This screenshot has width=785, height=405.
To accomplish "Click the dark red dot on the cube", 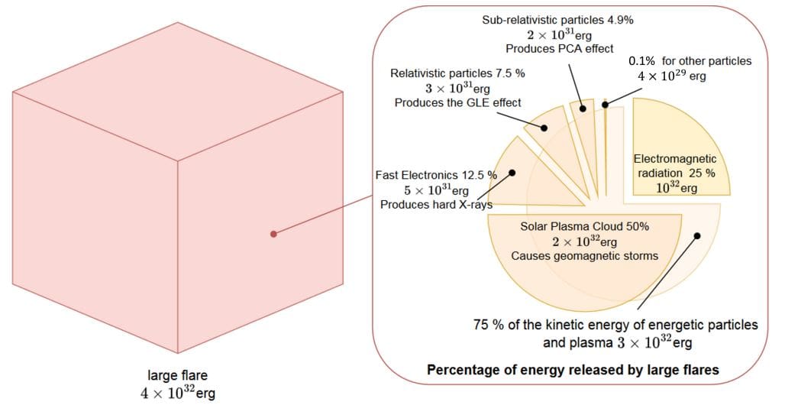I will tap(273, 233).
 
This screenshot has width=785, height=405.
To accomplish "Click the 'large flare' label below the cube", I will tap(177, 374).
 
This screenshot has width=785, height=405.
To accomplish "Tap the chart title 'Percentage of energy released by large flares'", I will tap(572, 370).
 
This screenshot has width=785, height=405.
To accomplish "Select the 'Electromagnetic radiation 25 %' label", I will tap(674, 166).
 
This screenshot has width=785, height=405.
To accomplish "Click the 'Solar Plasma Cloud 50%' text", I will tap(584, 226).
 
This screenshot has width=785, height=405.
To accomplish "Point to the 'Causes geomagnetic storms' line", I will tap(584, 256).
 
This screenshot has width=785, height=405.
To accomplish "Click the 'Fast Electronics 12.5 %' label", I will tap(436, 175).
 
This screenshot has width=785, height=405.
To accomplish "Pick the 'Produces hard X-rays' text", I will tap(436, 204).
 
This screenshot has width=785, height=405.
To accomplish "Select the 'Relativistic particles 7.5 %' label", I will tap(457, 73).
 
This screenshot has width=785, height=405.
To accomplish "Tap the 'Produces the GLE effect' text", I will tap(457, 102).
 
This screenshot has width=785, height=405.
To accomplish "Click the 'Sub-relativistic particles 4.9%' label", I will tap(559, 19).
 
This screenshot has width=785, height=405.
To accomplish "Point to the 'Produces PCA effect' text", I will tap(559, 48).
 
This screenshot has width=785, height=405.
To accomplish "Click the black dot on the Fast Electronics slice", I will tap(512, 173).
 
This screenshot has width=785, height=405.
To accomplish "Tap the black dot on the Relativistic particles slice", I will tap(545, 128).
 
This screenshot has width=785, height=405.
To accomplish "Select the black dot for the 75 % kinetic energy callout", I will tap(696, 236).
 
